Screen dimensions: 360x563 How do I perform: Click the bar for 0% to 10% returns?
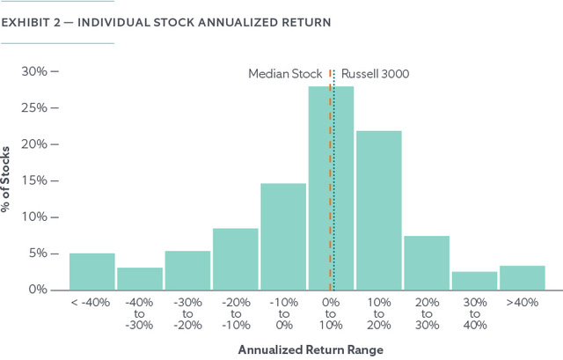coord(331,188)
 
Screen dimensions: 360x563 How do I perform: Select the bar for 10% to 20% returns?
coord(378,210)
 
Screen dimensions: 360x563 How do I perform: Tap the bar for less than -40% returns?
coord(91,272)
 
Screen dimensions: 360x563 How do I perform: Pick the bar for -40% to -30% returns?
coord(139,279)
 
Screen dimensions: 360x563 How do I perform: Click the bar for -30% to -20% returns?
coord(187,270)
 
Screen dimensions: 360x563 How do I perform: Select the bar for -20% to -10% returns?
coord(235,259)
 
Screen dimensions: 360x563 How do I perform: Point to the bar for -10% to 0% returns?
coord(282,237)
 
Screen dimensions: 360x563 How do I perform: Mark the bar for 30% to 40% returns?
coord(474,281)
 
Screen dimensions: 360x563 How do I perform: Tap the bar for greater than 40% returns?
coord(522,278)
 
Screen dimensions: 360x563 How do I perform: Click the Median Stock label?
coord(286,73)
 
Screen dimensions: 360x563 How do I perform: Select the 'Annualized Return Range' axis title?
coord(306,349)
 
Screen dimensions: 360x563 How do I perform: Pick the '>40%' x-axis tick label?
coord(522,302)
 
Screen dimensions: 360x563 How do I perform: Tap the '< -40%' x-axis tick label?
coord(91,302)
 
